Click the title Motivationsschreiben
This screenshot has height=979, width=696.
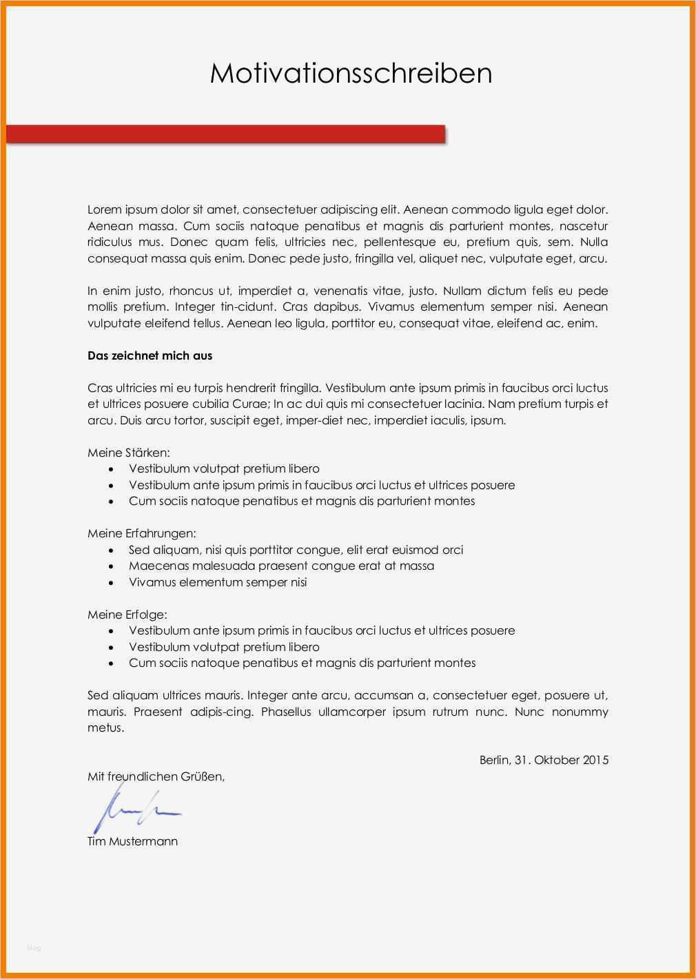pos(351,73)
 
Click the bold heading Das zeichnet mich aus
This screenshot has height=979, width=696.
pos(150,355)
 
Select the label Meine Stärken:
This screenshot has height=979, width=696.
pos(128,453)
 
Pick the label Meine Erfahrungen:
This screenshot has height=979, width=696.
pos(141,533)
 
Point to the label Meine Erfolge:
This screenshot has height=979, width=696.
pos(127,614)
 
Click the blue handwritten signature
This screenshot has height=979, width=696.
pos(134,809)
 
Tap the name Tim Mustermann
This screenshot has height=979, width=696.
pos(132,841)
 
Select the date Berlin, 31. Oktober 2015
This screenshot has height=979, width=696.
pos(544,760)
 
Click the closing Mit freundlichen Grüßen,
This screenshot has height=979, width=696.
pos(156,776)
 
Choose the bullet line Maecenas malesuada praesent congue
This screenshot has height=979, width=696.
pos(281,566)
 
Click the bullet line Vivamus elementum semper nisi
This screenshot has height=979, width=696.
pos(218,582)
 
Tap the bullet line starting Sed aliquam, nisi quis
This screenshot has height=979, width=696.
pos(296,550)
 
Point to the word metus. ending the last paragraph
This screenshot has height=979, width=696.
pos(105,728)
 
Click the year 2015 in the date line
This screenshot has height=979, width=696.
pos(595,760)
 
